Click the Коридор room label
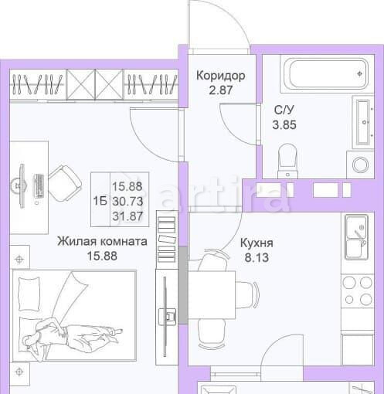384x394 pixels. pyautogui.click(x=221, y=76)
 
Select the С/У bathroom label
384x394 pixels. pyautogui.click(x=283, y=109)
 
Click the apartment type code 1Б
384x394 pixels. pyautogui.click(x=100, y=200)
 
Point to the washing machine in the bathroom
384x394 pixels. pyautogui.click(x=360, y=164)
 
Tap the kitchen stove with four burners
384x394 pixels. pyautogui.click(x=356, y=289)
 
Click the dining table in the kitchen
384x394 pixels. pyautogui.click(x=221, y=294)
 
